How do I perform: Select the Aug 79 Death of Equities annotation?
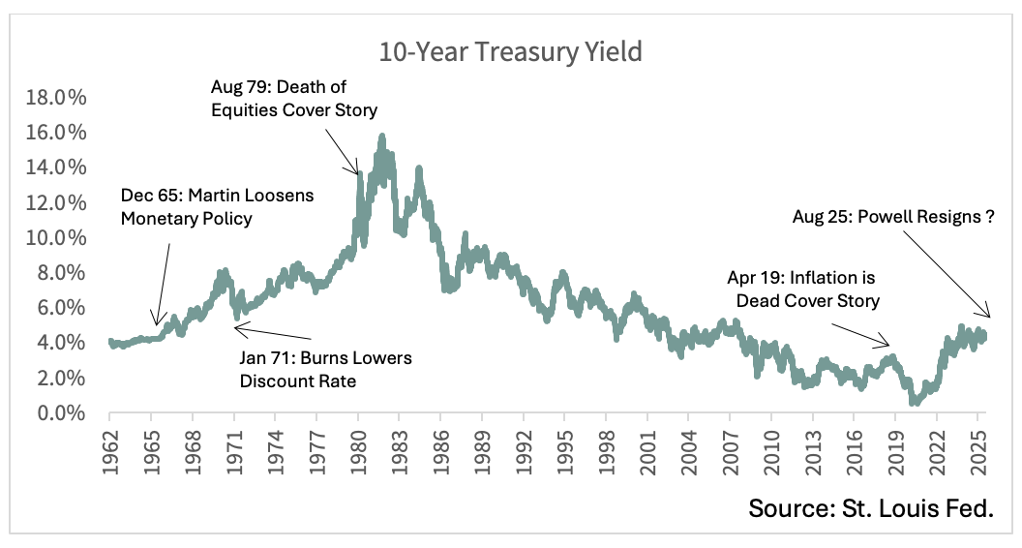[294, 99]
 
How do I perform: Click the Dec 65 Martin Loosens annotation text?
[217, 206]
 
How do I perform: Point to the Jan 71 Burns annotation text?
[325, 370]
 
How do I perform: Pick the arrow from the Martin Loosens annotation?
[163, 286]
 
